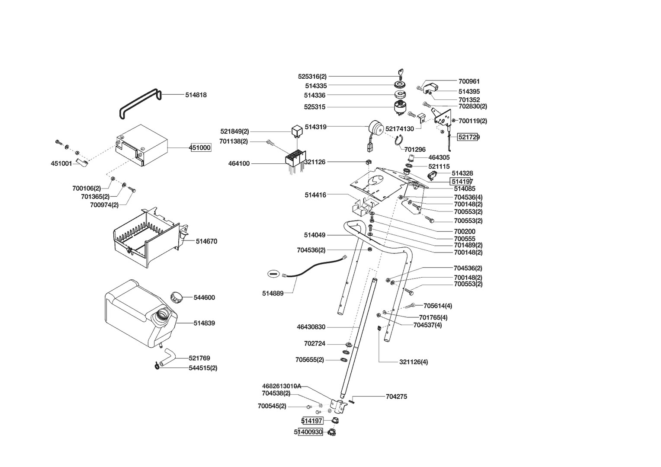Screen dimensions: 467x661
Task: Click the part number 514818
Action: tap(196, 95)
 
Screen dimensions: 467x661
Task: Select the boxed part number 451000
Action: tap(200, 148)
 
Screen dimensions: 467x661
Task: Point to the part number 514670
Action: tap(206, 241)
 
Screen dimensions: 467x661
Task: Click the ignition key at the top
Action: tap(400, 73)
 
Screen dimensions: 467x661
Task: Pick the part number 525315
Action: tap(314, 107)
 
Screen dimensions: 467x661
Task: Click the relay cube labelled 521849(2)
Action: tap(297, 130)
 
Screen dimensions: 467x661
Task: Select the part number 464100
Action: tap(239, 164)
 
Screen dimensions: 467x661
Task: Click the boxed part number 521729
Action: tap(468, 137)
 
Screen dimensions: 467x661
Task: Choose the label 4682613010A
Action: tap(281, 386)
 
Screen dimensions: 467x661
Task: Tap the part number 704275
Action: tap(396, 397)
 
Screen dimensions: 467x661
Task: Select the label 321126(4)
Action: tap(413, 362)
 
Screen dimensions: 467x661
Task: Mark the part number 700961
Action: tap(469, 81)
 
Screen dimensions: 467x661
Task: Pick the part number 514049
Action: tap(314, 235)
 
